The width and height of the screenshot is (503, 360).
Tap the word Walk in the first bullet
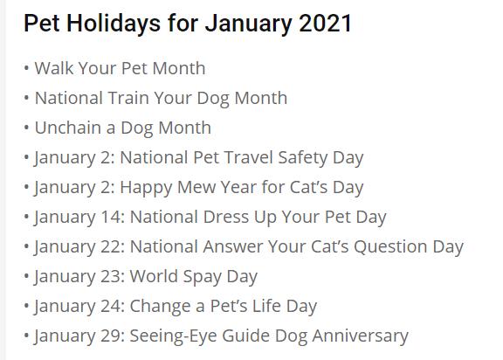click(x=54, y=68)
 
